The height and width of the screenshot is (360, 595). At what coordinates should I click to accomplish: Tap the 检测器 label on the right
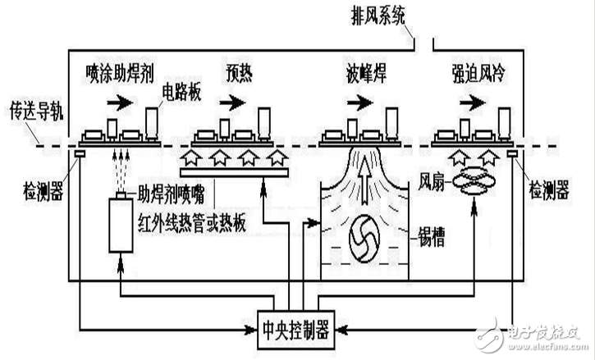551,189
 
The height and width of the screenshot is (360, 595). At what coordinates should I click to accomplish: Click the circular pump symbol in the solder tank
360,235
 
